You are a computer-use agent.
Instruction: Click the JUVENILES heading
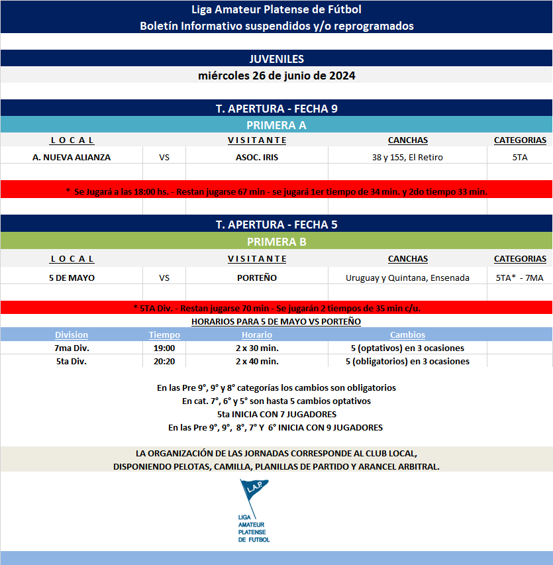click(276, 59)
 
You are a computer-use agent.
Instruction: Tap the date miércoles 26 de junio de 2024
click(276, 76)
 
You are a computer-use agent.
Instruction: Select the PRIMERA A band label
click(276, 125)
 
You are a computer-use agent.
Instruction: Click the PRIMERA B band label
click(276, 242)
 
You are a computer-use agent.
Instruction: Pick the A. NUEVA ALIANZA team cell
click(72, 157)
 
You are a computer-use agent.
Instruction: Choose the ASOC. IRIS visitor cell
click(257, 157)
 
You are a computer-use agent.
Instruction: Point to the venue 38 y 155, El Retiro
click(407, 157)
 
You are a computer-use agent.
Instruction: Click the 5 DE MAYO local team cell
click(72, 278)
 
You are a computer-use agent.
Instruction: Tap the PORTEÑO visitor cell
click(257, 278)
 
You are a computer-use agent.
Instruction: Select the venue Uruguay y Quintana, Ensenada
click(407, 278)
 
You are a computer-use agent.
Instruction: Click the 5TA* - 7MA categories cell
click(519, 278)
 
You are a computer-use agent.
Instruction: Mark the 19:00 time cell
click(164, 348)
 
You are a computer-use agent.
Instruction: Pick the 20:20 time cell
click(164, 361)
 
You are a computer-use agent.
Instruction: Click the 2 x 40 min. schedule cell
click(257, 361)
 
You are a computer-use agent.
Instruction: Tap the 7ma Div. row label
click(72, 348)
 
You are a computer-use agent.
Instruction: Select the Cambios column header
click(407, 335)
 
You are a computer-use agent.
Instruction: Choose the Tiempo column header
click(164, 335)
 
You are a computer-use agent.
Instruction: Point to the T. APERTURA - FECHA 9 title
click(276, 109)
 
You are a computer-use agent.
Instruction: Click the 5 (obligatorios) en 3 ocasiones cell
click(407, 361)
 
